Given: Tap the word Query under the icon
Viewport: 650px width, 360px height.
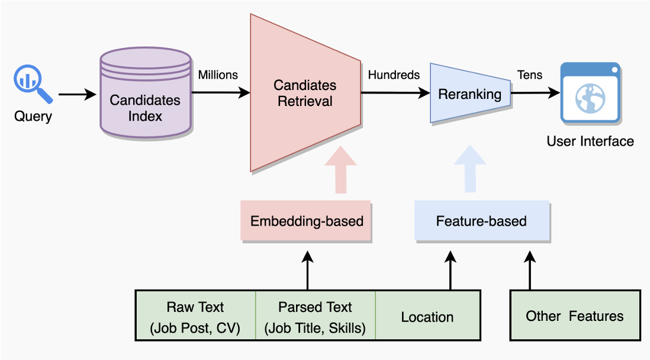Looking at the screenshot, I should [33, 116].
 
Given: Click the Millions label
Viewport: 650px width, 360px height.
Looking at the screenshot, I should [218, 75].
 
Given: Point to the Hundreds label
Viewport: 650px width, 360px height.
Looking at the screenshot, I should [394, 75].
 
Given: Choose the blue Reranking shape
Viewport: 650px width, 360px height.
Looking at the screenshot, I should [470, 94].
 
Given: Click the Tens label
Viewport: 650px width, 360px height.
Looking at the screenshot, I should [530, 75].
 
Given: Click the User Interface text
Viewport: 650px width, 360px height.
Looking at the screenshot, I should [590, 141].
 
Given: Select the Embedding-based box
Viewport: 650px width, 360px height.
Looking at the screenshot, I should [307, 221].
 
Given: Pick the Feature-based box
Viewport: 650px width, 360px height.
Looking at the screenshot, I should [481, 221].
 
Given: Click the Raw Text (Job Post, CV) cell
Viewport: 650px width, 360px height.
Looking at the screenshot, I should [195, 315].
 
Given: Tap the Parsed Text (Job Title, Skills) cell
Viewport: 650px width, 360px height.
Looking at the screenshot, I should [315, 315].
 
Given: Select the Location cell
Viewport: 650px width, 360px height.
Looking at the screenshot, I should [427, 316].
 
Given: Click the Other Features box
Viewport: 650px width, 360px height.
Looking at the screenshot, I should [574, 315].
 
